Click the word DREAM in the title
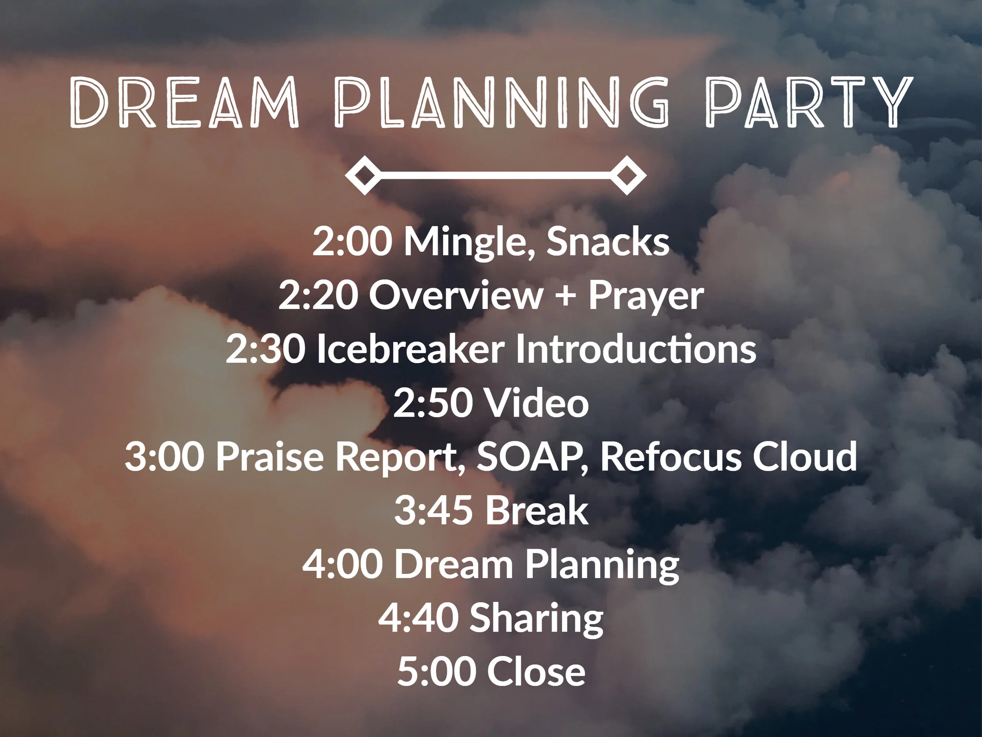coord(184,102)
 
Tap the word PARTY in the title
coord(809,102)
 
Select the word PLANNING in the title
coord(501,102)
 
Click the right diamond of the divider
coord(627,175)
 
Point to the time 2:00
coord(352,242)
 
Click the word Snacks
coord(608,241)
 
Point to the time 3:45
coord(433,511)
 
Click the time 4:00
coord(343,564)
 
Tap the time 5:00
coord(437,672)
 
